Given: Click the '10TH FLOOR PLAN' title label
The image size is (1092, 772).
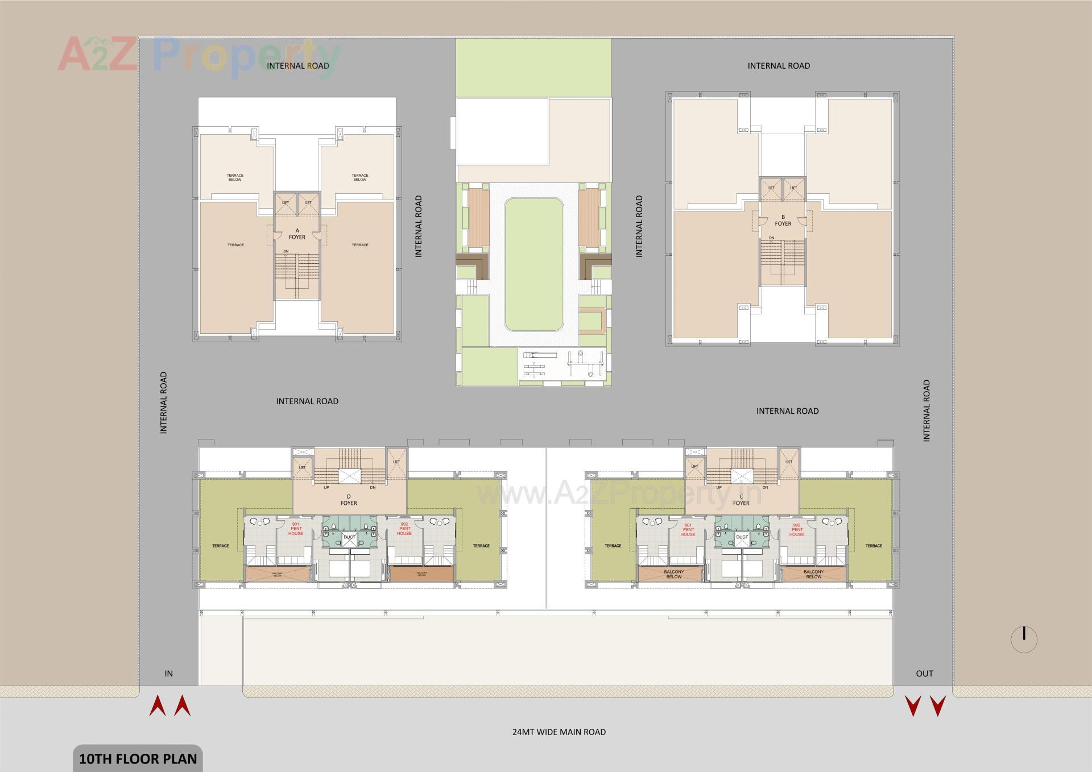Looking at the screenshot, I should point(138,759).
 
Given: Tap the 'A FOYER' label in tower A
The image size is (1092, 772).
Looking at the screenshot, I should point(297,234).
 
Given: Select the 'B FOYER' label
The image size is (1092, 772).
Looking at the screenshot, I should point(783,220).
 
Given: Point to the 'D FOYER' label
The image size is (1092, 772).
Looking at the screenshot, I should point(349,500).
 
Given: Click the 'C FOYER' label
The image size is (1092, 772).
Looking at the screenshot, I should point(741,500).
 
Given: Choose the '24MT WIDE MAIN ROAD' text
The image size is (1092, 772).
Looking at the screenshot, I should point(559,732).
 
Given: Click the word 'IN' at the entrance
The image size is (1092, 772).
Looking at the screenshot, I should point(168,673).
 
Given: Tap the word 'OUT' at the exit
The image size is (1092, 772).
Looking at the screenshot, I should point(924,673).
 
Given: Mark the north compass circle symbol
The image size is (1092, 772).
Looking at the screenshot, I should point(1024,640).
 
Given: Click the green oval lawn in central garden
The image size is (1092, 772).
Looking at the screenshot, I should point(533,264).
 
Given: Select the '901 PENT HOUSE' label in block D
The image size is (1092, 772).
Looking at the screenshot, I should point(296,529).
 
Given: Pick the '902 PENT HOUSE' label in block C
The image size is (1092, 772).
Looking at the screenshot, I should point(796,530).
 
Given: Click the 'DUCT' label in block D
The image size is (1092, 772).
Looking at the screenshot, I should point(349,537).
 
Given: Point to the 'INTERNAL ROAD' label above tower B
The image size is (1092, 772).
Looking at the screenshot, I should point(779,66).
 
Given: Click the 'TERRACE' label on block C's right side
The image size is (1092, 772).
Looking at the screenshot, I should point(874,546).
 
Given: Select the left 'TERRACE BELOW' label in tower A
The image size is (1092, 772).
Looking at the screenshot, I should point(235,177).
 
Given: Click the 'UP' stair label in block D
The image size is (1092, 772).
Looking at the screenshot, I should point(326,487).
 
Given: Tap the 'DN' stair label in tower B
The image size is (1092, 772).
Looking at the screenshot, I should point(771,238).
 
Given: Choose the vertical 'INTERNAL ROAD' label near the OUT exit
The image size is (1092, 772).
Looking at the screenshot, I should point(926,410).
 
